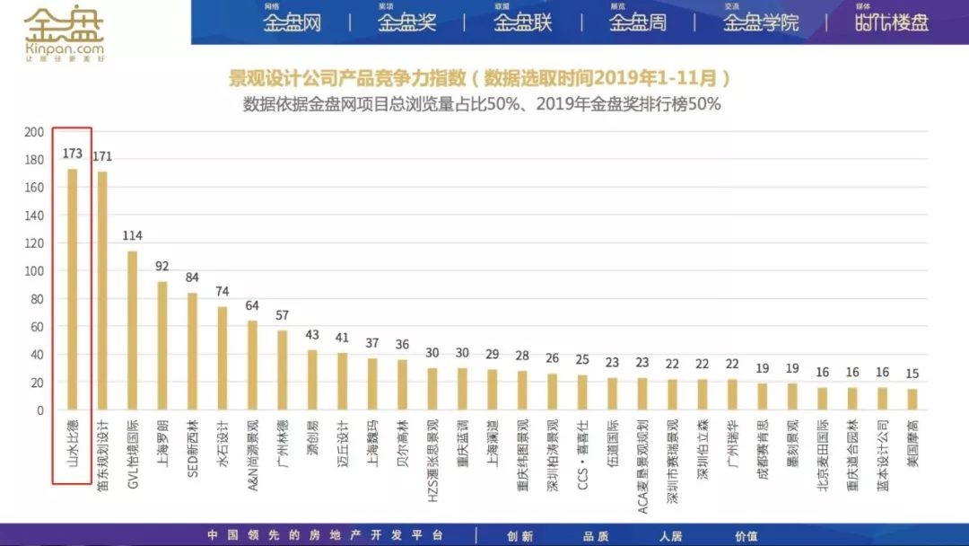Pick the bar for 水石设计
(x=223, y=358)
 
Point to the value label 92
(x=162, y=266)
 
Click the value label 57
(x=283, y=315)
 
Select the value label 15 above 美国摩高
(x=912, y=374)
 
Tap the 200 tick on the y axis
(x=34, y=132)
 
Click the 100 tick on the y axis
(x=34, y=271)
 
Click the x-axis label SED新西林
(x=193, y=450)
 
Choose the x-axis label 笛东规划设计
(x=103, y=457)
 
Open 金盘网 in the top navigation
(x=292, y=22)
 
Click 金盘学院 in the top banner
(x=761, y=22)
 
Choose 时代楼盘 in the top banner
(x=891, y=22)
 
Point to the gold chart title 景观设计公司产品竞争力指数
(x=351, y=78)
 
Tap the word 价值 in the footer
(x=746, y=536)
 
